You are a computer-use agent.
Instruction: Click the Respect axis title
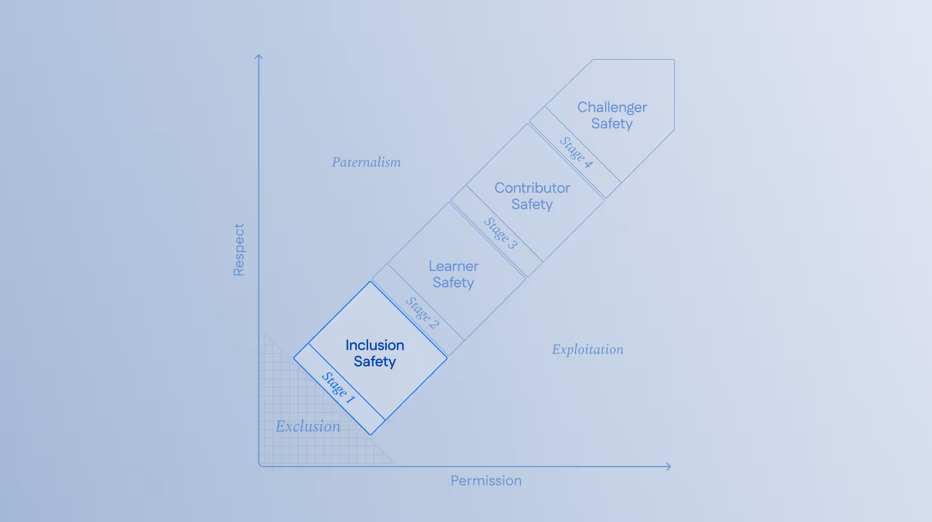point(239,250)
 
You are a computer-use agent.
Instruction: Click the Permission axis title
point(486,481)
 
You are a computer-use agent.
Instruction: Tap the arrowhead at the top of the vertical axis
point(259,56)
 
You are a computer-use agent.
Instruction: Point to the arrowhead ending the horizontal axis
point(669,467)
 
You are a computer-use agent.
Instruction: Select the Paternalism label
point(366,163)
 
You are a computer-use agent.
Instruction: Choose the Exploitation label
point(588,350)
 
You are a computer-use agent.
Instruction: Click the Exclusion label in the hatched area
point(308,427)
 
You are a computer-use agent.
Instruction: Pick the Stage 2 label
point(422,312)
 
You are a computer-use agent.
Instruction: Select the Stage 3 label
point(501,233)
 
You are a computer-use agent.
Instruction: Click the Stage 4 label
point(576,152)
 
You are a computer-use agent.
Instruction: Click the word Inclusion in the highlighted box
point(374,345)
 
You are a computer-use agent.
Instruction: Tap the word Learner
point(454,266)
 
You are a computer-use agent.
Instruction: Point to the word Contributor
point(532,188)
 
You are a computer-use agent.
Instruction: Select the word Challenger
point(612,107)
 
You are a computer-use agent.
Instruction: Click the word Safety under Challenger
point(612,124)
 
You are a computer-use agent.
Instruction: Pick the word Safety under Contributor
point(532,205)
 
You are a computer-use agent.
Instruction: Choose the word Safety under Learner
point(454,283)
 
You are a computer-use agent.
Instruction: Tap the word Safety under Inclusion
point(374,361)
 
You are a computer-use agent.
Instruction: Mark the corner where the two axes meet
point(259,466)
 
